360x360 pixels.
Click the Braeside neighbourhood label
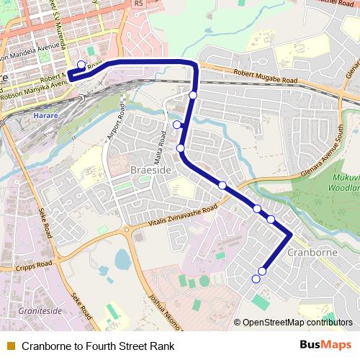[x=150, y=169]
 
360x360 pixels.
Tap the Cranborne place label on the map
[x=312, y=253]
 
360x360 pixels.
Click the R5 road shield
[x=138, y=4]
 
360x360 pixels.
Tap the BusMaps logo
[x=325, y=346]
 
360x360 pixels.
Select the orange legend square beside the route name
[x=10, y=346]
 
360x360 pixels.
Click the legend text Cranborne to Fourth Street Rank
[x=98, y=346]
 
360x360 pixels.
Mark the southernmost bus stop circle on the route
[x=256, y=279]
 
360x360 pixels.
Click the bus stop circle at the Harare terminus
[x=81, y=64]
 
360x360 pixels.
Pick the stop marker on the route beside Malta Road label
[x=177, y=125]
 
